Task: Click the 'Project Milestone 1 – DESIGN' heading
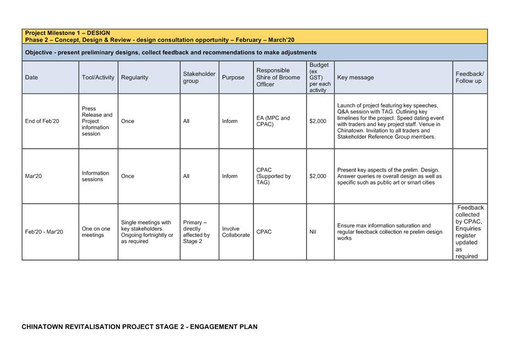click(x=67, y=33)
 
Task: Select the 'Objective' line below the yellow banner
click(x=171, y=52)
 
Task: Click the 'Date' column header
click(x=31, y=78)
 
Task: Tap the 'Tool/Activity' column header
click(x=98, y=78)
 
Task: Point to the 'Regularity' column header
click(x=134, y=78)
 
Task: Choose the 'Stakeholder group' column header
click(x=199, y=78)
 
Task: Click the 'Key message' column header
click(x=355, y=78)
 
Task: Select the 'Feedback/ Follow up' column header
click(x=469, y=78)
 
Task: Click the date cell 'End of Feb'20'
click(x=42, y=121)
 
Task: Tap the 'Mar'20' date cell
click(x=33, y=176)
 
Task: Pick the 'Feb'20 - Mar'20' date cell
click(x=44, y=232)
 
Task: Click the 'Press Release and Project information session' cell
click(x=97, y=121)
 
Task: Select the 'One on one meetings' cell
click(x=96, y=232)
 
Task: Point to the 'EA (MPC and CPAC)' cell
click(x=273, y=121)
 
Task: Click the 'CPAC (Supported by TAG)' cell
click(x=273, y=176)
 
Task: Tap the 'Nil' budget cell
click(x=313, y=232)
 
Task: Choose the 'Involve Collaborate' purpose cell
click(x=236, y=232)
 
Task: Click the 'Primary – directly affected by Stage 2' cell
click(x=197, y=232)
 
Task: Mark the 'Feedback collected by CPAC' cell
click(x=470, y=232)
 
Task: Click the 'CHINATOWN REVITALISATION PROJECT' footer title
click(x=139, y=327)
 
